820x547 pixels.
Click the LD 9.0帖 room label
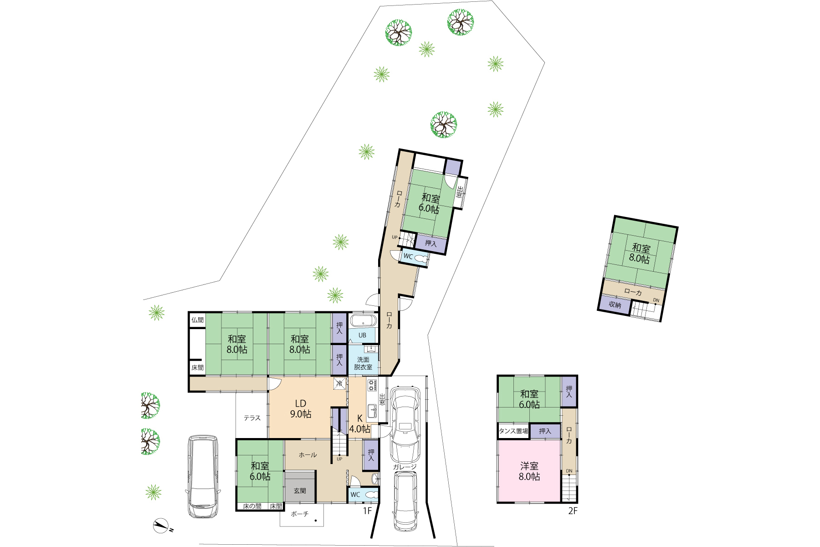[301, 409]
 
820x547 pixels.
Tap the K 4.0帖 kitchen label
[359, 424]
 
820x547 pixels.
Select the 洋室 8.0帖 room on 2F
[529, 471]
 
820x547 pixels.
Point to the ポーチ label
[300, 514]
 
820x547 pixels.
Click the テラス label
[252, 418]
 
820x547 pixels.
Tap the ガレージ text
[405, 467]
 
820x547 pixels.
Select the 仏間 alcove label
[197, 320]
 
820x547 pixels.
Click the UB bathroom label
[362, 335]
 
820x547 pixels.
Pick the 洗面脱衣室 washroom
[363, 360]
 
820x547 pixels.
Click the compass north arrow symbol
[162, 526]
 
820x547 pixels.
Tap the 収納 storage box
[615, 304]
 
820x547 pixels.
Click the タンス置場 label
[513, 431]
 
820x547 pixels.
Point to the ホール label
[308, 455]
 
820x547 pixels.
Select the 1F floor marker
[368, 511]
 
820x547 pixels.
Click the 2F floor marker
[573, 511]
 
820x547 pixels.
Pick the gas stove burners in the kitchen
[372, 386]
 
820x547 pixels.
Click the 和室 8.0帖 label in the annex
[640, 253]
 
